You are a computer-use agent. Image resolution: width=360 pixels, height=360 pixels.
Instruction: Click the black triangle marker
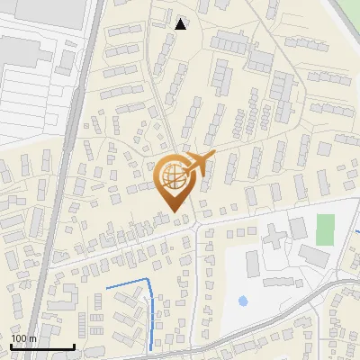[x=182, y=24]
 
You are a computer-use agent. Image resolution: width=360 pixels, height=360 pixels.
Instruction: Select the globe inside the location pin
[x=171, y=177]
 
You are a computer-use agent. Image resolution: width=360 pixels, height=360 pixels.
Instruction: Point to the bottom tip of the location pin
[x=172, y=212]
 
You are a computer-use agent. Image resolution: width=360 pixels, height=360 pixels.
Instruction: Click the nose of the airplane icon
[x=214, y=155]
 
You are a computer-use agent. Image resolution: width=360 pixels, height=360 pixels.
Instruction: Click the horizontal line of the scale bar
[x=41, y=346]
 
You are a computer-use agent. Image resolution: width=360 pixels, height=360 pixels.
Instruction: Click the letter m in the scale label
[x=32, y=338]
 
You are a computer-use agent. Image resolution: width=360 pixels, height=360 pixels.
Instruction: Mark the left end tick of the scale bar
[x=10, y=346]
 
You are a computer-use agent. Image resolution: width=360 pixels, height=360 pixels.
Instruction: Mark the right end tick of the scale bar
[x=74, y=346]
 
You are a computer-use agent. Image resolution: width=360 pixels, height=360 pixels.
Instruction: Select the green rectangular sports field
[x=326, y=227]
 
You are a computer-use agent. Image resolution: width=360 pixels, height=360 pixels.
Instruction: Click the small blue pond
[x=242, y=300]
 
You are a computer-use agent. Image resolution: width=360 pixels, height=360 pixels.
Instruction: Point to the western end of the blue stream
[x=107, y=288]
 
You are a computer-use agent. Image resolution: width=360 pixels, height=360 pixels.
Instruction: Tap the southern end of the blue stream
[x=148, y=349]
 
